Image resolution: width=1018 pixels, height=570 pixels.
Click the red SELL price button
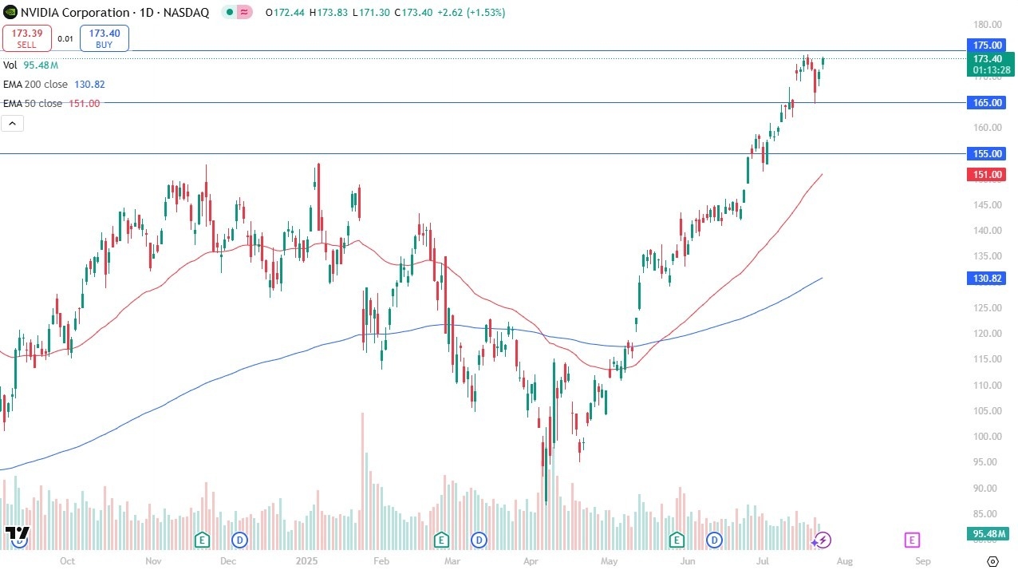tap(27, 38)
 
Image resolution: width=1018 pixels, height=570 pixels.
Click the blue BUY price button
tap(105, 38)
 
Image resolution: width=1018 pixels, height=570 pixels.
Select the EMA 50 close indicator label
tap(33, 103)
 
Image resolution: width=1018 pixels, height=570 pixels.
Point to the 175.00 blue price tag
tap(987, 45)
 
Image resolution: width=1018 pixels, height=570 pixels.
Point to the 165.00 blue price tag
tap(987, 102)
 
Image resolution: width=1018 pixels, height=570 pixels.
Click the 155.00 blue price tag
tap(987, 153)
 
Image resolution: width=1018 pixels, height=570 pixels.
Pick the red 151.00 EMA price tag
tap(987, 174)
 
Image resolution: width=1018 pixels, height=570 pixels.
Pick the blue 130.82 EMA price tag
tap(987, 279)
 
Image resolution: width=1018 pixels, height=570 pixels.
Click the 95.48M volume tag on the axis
tap(987, 534)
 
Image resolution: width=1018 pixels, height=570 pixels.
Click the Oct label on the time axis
tap(67, 560)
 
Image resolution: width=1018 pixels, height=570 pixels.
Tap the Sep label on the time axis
tap(922, 560)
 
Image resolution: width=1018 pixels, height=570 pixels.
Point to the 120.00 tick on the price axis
tap(986, 333)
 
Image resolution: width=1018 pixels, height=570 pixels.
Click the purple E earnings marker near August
tap(912, 540)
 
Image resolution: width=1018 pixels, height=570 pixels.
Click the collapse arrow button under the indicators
tap(14, 123)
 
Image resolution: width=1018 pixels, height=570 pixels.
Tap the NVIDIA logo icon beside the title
tap(10, 12)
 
